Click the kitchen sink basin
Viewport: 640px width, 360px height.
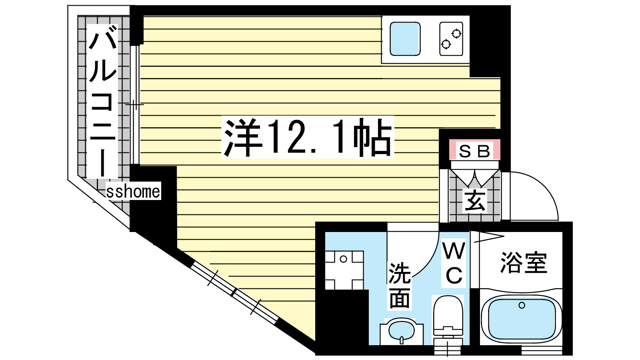(x=405, y=39)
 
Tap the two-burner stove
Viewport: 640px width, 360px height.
(x=451, y=39)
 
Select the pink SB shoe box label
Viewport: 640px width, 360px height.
(x=474, y=151)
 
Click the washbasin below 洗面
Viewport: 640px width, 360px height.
(x=401, y=330)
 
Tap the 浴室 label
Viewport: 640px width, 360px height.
(x=523, y=263)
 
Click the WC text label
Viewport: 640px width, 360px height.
(x=454, y=263)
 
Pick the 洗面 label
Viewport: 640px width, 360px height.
(x=400, y=285)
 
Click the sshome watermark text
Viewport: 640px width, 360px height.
(x=133, y=192)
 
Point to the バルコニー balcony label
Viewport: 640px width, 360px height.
(x=103, y=100)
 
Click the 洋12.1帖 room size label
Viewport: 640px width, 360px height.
(x=308, y=137)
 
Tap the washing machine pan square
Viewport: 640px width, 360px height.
(x=344, y=270)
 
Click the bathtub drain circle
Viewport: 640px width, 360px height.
(x=522, y=306)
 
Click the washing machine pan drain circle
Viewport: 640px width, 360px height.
(x=343, y=259)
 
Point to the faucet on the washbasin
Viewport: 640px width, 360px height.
(x=401, y=340)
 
